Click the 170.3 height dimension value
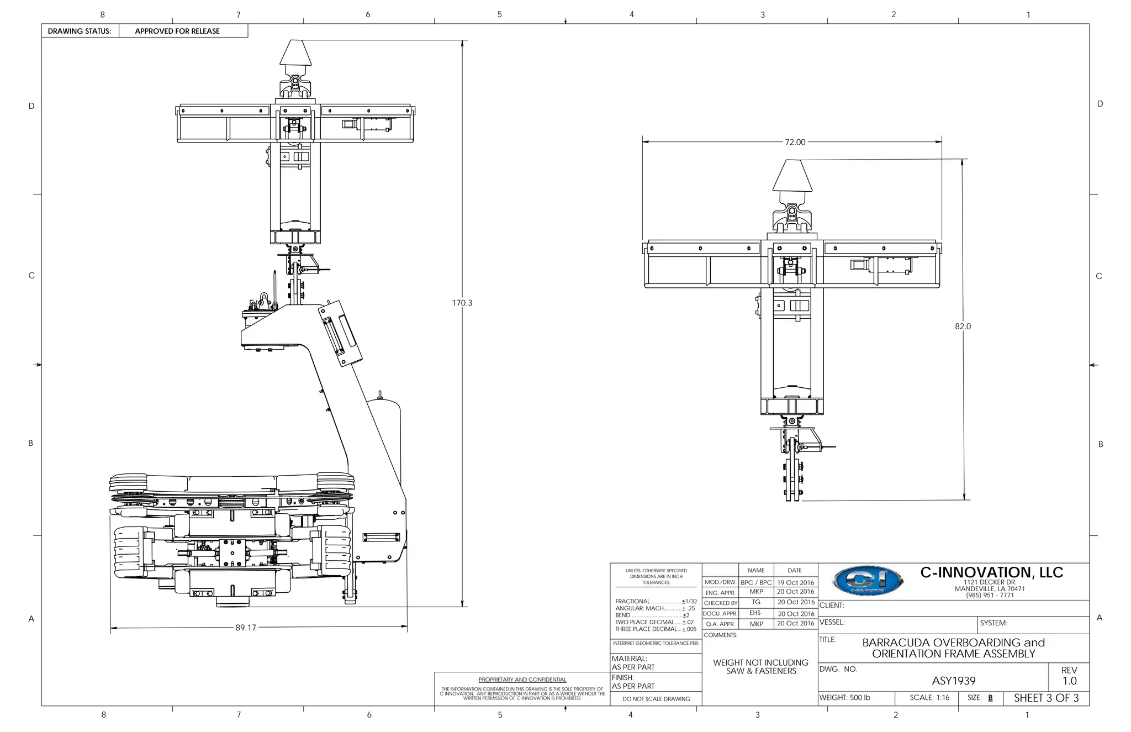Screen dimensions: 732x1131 pyautogui.click(x=462, y=303)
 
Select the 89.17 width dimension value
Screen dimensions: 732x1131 pyautogui.click(x=246, y=628)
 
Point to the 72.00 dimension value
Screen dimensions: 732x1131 pyautogui.click(x=795, y=142)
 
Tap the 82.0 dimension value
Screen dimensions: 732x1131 pyautogui.click(x=963, y=326)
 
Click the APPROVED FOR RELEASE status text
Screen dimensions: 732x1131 pyautogui.click(x=177, y=31)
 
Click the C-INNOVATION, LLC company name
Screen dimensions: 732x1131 pyautogui.click(x=991, y=572)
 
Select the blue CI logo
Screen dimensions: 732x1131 pyautogui.click(x=868, y=582)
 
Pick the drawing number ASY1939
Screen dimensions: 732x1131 pyautogui.click(x=954, y=681)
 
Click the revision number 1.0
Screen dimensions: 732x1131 pyautogui.click(x=1069, y=681)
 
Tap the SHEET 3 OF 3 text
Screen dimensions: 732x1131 pyautogui.click(x=1046, y=698)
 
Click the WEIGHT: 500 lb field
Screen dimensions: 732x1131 pyautogui.click(x=844, y=698)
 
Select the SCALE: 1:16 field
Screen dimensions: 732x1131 pyautogui.click(x=929, y=698)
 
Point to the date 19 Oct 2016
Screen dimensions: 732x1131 pyautogui.click(x=795, y=582)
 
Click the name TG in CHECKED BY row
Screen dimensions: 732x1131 pyautogui.click(x=756, y=602)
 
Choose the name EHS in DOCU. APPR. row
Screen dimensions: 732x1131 pyautogui.click(x=755, y=613)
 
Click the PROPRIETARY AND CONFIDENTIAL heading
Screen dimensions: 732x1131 pyautogui.click(x=522, y=680)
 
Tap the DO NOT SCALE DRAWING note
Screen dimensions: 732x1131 pyautogui.click(x=656, y=699)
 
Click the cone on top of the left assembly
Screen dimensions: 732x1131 pyautogui.click(x=295, y=52)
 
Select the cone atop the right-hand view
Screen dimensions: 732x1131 pyautogui.click(x=792, y=175)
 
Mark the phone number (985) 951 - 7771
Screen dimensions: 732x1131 pyautogui.click(x=990, y=595)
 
